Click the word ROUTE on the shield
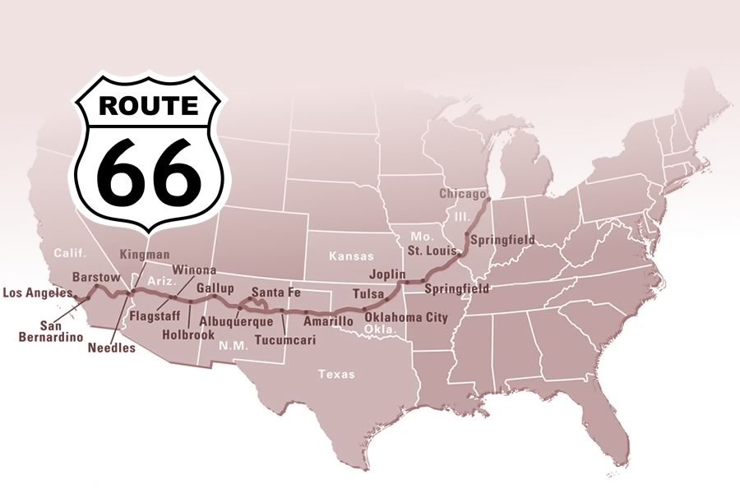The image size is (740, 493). (x=148, y=106)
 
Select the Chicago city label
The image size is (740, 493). (x=463, y=194)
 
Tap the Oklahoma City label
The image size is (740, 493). (x=406, y=317)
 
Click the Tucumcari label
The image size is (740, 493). (x=285, y=339)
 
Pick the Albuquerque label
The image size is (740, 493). (x=237, y=322)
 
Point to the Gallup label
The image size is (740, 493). (x=215, y=288)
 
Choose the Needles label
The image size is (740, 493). (x=111, y=347)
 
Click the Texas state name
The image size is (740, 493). (x=337, y=374)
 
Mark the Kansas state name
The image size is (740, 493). (x=351, y=256)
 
